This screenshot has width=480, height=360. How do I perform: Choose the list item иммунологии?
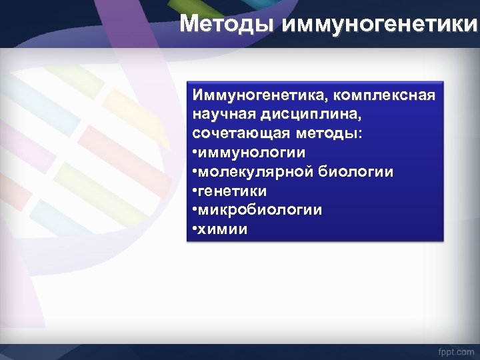click(x=252, y=153)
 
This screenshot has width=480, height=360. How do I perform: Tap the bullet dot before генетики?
click(x=195, y=192)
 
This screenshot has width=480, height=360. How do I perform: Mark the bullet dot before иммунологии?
click(x=195, y=153)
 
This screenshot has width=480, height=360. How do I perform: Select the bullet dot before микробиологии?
click(x=195, y=211)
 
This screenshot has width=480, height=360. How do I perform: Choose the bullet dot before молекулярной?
click(x=195, y=173)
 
